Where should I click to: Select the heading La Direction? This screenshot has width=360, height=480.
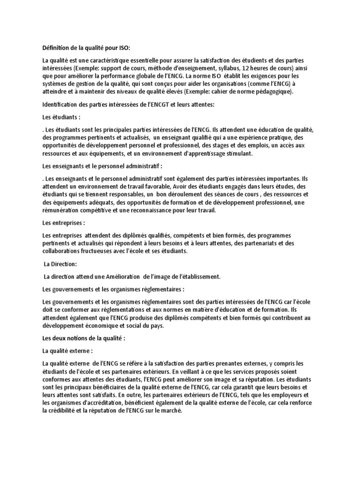(x=60, y=264)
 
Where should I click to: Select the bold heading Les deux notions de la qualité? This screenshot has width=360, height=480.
(x=84, y=338)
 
